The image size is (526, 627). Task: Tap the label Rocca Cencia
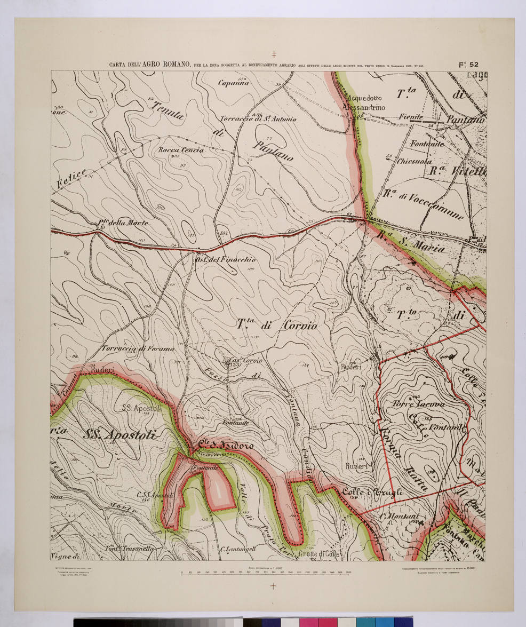pyautogui.click(x=181, y=151)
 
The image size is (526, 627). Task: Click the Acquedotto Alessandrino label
pyautogui.click(x=365, y=103)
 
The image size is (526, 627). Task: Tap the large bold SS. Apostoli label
pyautogui.click(x=119, y=435)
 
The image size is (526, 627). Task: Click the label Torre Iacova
pyautogui.click(x=419, y=404)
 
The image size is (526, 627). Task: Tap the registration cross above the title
pyautogui.click(x=274, y=54)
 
